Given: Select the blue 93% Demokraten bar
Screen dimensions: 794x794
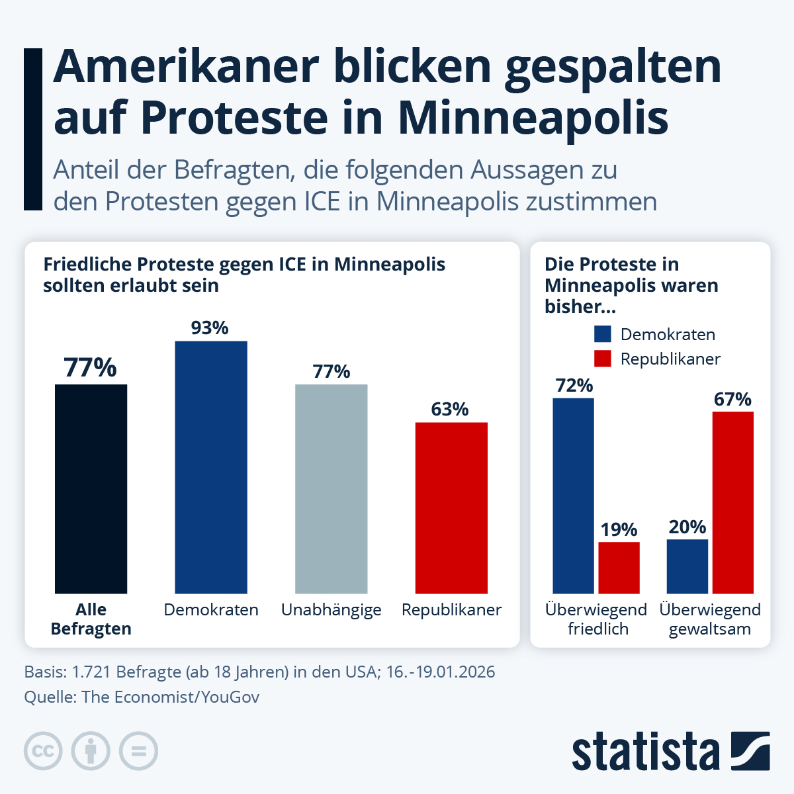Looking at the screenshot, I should (211, 467).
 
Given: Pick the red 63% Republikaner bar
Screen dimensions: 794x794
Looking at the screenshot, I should (451, 507).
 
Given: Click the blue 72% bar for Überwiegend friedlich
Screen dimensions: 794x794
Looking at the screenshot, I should (573, 496).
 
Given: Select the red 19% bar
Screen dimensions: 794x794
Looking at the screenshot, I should (619, 568).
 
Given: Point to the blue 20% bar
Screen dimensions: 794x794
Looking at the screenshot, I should (687, 566).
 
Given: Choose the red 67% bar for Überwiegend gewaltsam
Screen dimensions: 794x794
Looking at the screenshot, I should (732, 502).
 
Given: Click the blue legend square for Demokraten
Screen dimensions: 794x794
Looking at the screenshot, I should (602, 334).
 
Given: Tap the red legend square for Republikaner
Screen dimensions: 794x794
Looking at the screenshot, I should (602, 359).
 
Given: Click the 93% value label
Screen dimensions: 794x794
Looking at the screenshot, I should (210, 328).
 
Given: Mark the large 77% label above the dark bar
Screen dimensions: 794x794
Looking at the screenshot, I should (91, 368).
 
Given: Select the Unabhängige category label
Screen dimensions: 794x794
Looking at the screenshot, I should (331, 609).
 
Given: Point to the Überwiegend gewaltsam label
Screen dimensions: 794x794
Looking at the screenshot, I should (710, 619).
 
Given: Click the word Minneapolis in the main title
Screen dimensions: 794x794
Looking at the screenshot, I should (533, 117).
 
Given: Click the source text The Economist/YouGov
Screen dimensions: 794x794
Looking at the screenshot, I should (171, 697).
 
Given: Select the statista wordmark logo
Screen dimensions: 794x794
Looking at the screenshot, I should (645, 751).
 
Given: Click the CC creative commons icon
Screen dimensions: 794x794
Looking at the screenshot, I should (44, 751).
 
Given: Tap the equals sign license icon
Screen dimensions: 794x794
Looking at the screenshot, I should (138, 751).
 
